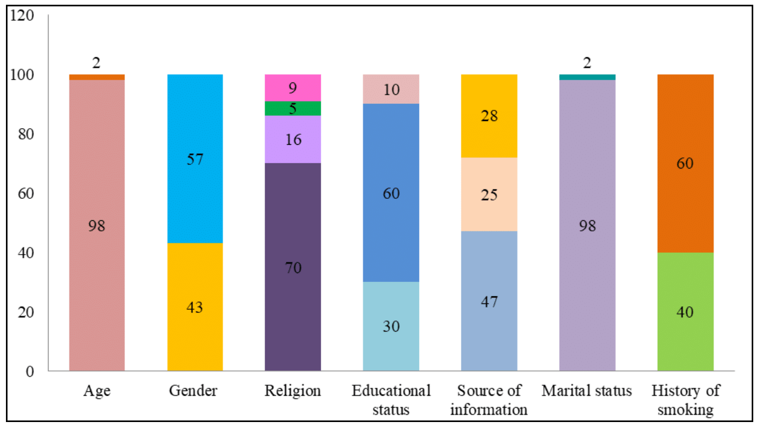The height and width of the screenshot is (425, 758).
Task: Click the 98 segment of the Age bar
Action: point(97,226)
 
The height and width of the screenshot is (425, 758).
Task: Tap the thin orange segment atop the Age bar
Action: point(97,77)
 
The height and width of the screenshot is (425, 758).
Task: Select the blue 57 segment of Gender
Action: point(195,158)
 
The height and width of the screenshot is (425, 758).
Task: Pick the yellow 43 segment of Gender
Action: point(195,307)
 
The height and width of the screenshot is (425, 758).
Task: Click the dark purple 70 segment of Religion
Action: point(293,267)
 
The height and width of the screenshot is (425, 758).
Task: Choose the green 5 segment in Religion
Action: point(293,109)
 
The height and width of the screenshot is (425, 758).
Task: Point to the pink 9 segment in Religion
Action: point(293,88)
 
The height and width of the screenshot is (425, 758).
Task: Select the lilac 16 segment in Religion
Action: point(293,139)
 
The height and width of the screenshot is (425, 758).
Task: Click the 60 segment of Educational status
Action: point(391,193)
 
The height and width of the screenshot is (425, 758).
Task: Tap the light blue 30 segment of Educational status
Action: point(391,326)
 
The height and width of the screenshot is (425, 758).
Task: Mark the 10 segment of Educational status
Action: point(391,89)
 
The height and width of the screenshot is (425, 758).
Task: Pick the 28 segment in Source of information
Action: point(489,116)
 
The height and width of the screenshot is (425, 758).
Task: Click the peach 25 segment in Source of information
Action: point(489,195)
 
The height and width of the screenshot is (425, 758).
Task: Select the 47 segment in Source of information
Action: point(489,301)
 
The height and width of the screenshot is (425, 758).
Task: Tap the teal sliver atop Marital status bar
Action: point(587,77)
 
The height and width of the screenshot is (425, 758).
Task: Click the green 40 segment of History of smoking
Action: point(685,312)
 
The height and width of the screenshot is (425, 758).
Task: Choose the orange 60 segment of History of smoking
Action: point(685,163)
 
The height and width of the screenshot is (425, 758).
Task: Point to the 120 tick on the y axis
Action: point(23,16)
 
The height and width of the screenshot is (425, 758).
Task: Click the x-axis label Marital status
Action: point(587,391)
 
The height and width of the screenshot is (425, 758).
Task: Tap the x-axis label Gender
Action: point(194,391)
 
